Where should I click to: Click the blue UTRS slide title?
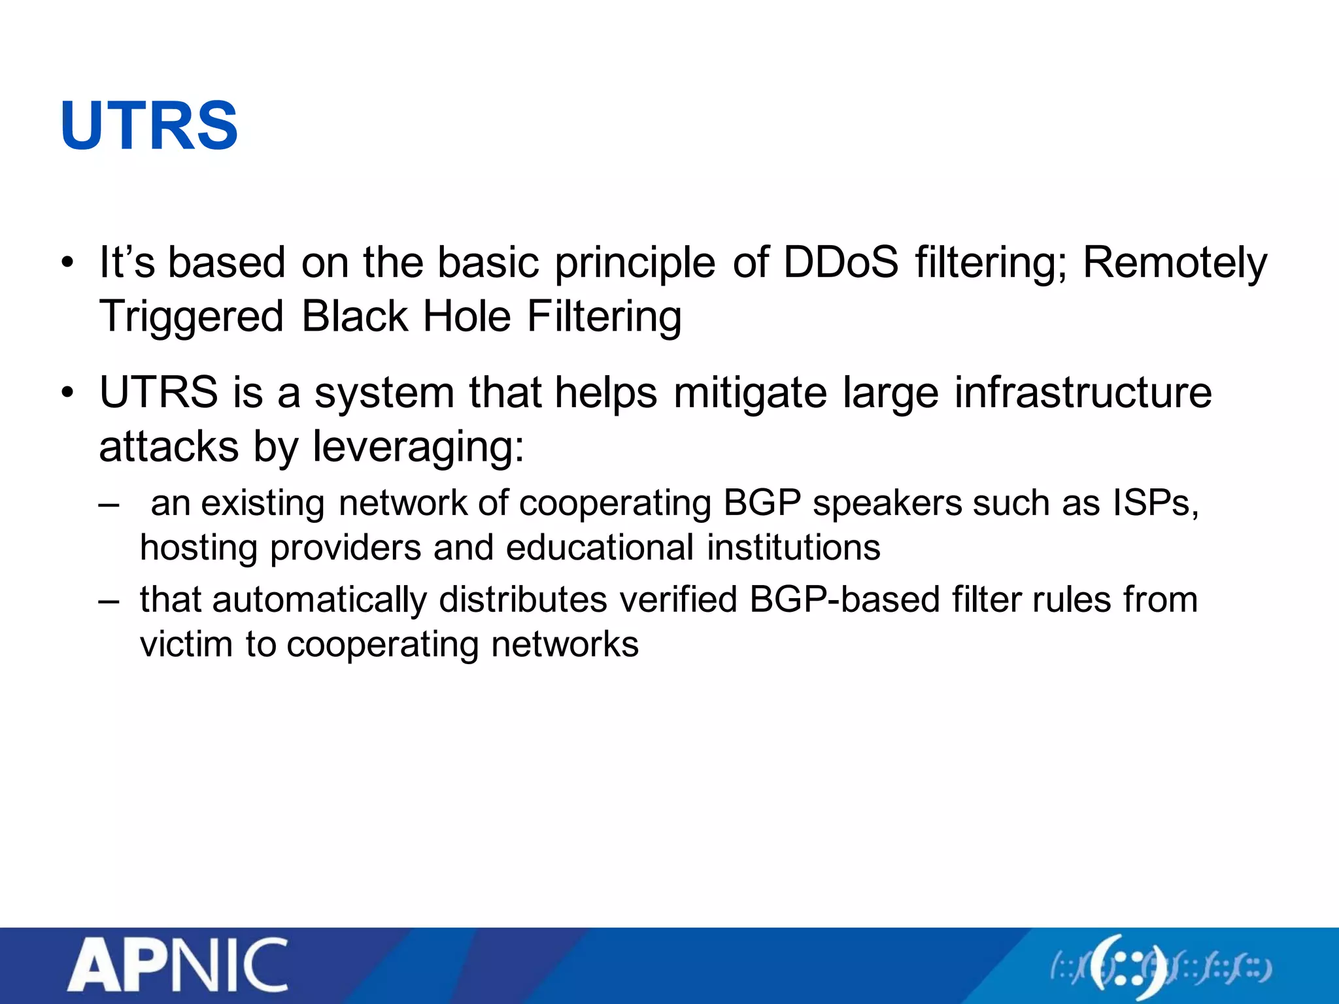click(149, 125)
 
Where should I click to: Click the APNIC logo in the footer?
click(178, 966)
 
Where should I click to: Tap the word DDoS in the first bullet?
click(841, 263)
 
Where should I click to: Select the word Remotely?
click(1175, 263)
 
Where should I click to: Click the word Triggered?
click(191, 317)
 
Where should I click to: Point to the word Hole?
click(467, 317)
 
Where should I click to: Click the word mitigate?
click(750, 393)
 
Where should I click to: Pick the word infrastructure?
click(1083, 393)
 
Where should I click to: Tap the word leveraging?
click(418, 448)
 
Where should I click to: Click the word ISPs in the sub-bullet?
click(1155, 503)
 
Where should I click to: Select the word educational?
click(600, 548)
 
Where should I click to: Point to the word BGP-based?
click(844, 600)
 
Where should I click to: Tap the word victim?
click(186, 644)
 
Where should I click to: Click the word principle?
click(635, 263)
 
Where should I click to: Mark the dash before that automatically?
click(109, 600)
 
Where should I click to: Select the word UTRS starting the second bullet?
click(159, 393)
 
